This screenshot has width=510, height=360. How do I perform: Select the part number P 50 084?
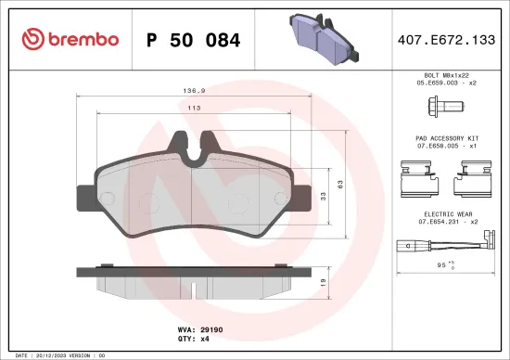(x=194, y=40)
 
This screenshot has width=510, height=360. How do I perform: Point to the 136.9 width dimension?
(x=194, y=91)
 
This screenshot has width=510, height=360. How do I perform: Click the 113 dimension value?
(x=194, y=109)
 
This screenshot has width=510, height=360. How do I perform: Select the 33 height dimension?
(x=322, y=196)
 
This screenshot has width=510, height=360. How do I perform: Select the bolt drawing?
(x=446, y=107)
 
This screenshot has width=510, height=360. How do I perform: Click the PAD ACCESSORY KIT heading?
(x=446, y=136)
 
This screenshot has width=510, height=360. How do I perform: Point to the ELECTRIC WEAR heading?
(x=446, y=212)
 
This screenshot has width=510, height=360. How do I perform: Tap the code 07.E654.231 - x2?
(x=446, y=221)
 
